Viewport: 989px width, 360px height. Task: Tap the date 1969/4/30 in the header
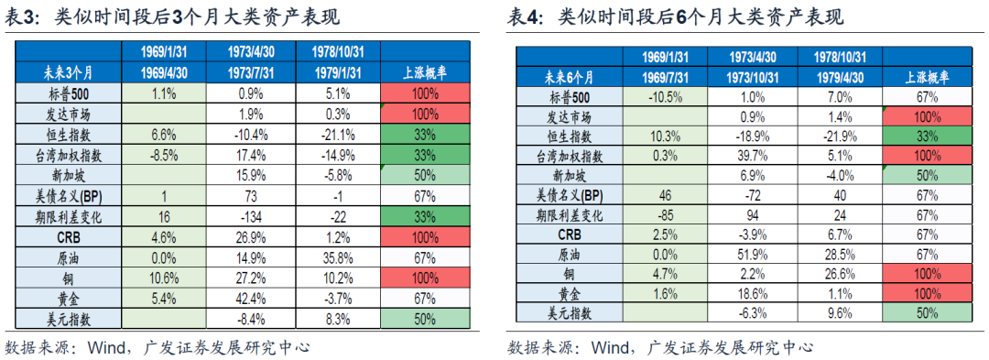tap(165, 71)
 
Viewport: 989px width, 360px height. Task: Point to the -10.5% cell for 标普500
tap(661, 97)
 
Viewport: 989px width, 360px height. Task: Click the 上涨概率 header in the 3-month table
tap(424, 71)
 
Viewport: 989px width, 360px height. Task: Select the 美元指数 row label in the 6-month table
tap(568, 313)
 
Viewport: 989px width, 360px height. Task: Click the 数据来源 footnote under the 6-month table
tap(658, 347)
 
